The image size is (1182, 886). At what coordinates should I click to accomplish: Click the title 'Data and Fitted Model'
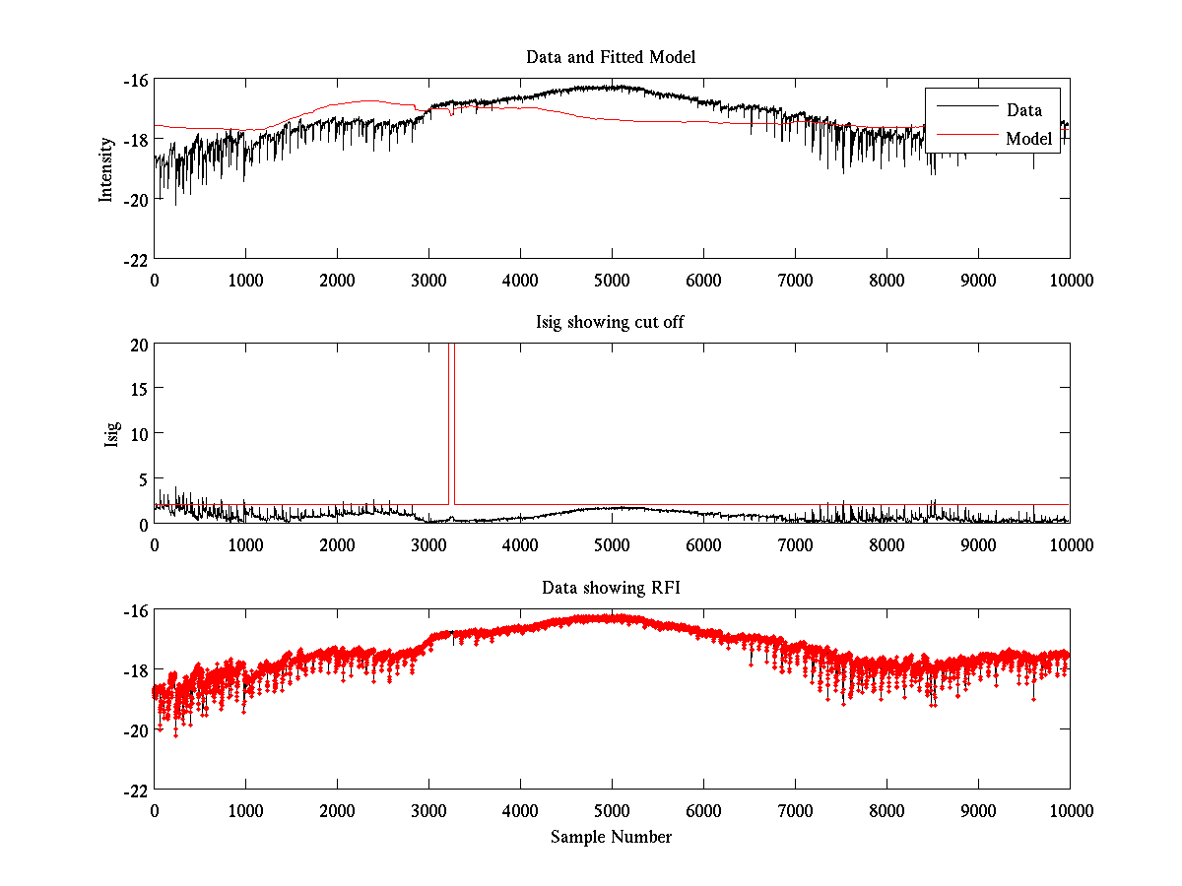pos(611,57)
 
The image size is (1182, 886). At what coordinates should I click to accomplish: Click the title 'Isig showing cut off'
pos(611,323)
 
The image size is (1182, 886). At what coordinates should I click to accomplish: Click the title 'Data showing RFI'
pos(611,588)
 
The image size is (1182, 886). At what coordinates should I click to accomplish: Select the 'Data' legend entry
pos(1023,110)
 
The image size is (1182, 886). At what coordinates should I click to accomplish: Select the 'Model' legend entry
pos(1028,139)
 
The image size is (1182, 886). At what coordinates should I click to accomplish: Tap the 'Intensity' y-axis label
pos(106,168)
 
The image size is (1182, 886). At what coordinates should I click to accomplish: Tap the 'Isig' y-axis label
pos(111,433)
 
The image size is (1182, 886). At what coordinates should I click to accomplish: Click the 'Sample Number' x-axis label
pos(611,837)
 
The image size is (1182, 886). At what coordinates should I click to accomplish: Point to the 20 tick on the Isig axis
pos(140,345)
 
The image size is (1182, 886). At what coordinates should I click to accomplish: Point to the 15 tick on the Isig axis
pos(140,389)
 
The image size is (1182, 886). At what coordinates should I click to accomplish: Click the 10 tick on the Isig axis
pos(140,434)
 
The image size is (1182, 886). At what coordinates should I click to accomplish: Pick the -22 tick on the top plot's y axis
pos(136,258)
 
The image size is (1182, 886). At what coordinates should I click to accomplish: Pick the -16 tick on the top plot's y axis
pos(136,80)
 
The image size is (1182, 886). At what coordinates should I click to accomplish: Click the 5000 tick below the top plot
pos(612,280)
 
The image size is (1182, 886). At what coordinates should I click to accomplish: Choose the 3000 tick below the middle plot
pos(428,544)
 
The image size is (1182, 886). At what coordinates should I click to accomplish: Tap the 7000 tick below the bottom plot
pos(795,810)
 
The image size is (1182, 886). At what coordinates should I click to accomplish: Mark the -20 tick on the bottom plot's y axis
pos(136,729)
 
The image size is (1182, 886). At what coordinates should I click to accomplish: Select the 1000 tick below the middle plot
pos(245,544)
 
